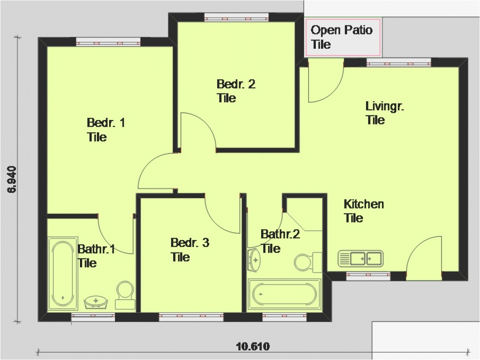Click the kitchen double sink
pyautogui.click(x=361, y=258)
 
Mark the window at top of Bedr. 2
pyautogui.click(x=236, y=17)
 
